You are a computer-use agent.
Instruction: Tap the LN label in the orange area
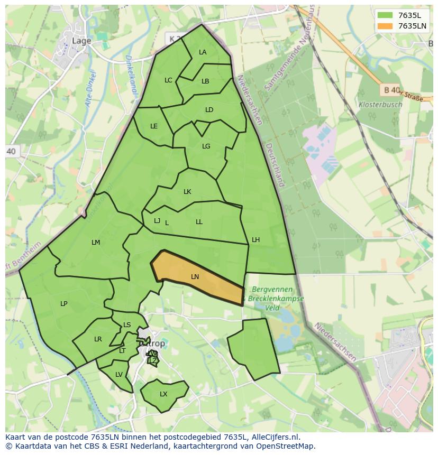coord(195,277)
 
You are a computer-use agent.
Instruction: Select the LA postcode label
coord(203,52)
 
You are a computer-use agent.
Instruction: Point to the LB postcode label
coord(205,81)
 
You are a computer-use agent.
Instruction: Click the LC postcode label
coord(168,80)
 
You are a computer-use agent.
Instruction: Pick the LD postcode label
coord(209,110)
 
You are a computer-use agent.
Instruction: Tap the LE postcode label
coord(154,126)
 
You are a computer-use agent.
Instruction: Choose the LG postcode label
coord(206,146)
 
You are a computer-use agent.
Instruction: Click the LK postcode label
coord(187,192)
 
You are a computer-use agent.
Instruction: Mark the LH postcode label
coord(255,240)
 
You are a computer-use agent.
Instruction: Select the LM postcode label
coord(96,243)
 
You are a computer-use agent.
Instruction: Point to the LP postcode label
coord(64,304)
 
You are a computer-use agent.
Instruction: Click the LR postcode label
coord(98,339)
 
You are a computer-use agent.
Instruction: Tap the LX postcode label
coord(163,394)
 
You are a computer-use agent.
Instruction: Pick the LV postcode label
coord(119,375)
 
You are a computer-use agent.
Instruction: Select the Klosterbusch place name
coord(380,105)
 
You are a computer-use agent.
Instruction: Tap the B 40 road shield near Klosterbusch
coord(391,90)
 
